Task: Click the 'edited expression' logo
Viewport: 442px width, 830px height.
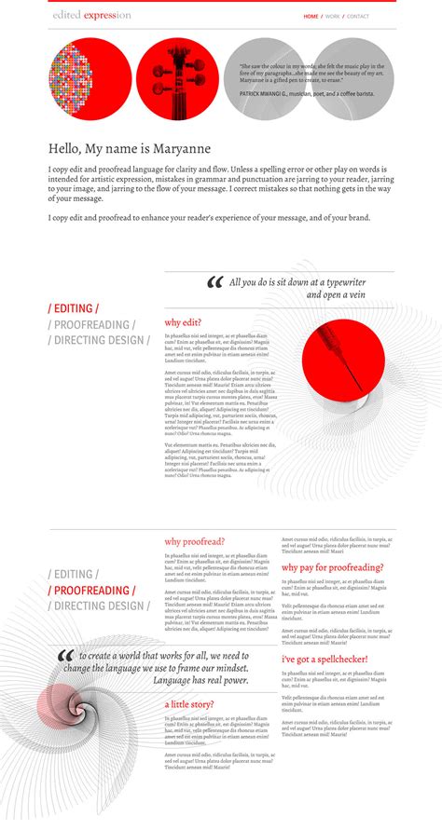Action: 90,16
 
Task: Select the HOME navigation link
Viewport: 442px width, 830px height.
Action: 311,17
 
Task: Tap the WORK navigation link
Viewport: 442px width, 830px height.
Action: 332,17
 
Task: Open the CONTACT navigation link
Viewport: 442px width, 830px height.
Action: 358,17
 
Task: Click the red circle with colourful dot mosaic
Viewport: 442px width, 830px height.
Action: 90,79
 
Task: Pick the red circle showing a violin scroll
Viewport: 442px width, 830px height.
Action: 177,79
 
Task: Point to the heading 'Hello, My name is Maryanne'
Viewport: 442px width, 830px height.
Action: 130,149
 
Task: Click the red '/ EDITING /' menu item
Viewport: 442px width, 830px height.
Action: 74,308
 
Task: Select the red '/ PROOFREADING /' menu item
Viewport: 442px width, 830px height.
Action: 91,591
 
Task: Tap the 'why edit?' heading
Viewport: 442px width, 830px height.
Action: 183,322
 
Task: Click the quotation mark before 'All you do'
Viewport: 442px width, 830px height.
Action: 214,283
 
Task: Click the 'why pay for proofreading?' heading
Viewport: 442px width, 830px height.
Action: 332,566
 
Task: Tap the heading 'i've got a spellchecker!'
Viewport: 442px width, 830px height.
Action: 325,659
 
